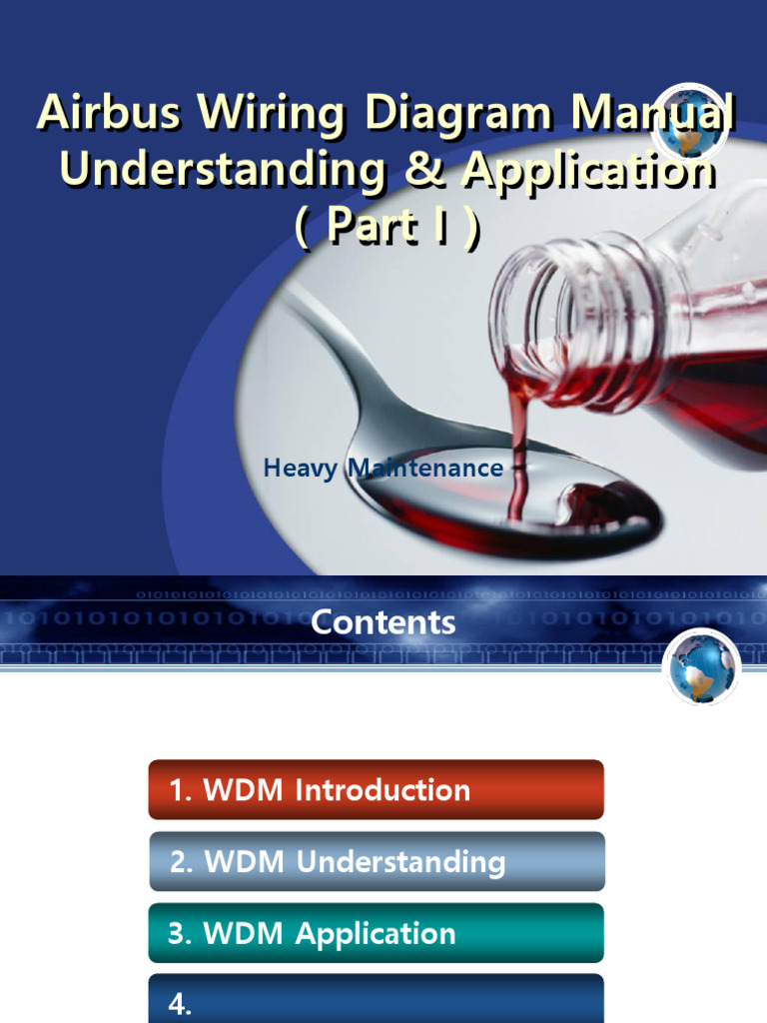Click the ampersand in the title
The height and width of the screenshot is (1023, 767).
(x=421, y=172)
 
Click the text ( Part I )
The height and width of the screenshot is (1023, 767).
(x=387, y=229)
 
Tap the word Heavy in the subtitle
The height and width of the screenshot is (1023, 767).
(x=301, y=468)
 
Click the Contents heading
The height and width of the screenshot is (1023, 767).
(x=383, y=623)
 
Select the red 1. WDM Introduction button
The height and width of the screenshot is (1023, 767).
(x=377, y=790)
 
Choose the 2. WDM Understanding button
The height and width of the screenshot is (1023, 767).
(x=377, y=861)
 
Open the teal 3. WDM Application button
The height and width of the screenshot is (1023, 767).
(x=377, y=933)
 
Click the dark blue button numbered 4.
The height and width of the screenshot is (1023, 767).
(x=377, y=1001)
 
